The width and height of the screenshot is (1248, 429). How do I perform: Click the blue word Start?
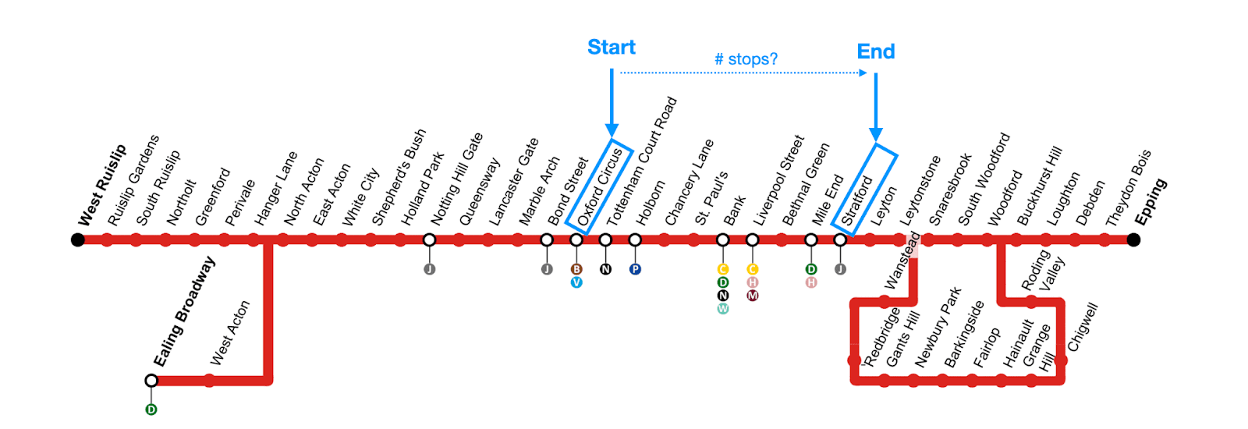[x=611, y=48]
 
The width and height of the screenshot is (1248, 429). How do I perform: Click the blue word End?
[x=875, y=51]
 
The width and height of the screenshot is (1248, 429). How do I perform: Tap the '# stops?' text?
[x=746, y=59]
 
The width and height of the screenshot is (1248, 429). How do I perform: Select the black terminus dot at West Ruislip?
[x=78, y=239]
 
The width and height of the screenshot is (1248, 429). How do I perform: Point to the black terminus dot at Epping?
[x=1133, y=239]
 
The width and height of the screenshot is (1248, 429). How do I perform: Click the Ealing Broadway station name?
[x=183, y=313]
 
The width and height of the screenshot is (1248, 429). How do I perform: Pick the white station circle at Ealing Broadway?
[x=151, y=381]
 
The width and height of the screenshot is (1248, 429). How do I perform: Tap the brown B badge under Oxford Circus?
[x=576, y=269]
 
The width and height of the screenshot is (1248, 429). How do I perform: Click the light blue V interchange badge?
[x=576, y=282]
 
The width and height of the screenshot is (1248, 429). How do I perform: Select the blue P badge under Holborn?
[x=635, y=269]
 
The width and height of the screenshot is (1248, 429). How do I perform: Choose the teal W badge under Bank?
[x=723, y=309]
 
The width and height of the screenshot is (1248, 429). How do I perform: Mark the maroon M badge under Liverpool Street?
[x=752, y=296]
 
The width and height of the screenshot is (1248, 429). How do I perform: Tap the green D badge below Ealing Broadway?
[x=151, y=409]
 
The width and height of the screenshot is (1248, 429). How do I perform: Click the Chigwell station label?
[x=1082, y=328]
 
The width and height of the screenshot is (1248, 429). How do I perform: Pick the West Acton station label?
[x=230, y=333]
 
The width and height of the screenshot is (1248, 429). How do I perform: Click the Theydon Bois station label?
[x=1128, y=188]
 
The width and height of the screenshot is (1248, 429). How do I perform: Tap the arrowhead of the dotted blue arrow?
[x=863, y=73]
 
